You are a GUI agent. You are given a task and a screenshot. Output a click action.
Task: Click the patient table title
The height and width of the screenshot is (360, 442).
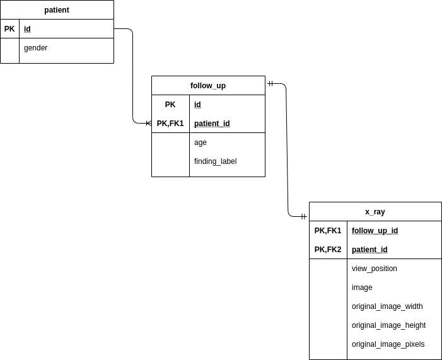(x=57, y=10)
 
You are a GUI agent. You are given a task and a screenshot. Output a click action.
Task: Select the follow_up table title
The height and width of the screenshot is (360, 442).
(x=208, y=86)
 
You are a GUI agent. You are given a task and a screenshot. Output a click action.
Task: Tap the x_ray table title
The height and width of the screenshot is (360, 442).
(x=375, y=212)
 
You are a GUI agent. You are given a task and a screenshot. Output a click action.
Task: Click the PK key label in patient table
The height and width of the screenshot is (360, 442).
(x=9, y=29)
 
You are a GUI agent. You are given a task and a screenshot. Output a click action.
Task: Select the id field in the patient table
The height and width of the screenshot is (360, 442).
(x=27, y=29)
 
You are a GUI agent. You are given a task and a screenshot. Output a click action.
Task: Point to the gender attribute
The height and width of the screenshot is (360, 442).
(x=35, y=48)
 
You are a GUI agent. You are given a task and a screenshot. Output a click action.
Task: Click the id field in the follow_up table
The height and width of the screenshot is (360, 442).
(x=197, y=105)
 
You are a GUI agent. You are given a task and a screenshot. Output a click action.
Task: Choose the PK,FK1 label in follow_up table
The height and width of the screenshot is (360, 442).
(x=170, y=124)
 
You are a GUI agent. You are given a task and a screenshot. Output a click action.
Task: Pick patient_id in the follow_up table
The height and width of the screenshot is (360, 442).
(x=212, y=124)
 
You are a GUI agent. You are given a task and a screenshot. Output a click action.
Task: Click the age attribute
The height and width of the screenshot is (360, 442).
(x=201, y=142)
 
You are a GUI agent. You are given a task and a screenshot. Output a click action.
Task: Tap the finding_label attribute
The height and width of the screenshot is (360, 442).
(x=215, y=161)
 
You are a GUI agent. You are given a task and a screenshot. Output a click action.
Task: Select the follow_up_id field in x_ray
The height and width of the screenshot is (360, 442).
(x=375, y=231)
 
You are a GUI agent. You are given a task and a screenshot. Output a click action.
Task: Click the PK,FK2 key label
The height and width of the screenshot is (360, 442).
(x=328, y=250)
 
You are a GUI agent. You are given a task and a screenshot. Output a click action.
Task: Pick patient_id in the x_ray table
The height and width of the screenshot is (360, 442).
(x=369, y=250)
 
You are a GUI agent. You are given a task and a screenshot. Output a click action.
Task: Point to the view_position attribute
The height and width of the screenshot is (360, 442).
(x=375, y=269)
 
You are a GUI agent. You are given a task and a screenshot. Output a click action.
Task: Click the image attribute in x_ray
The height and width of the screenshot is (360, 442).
(x=362, y=287)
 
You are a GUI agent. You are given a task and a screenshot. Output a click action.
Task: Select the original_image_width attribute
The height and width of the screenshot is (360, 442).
(x=387, y=306)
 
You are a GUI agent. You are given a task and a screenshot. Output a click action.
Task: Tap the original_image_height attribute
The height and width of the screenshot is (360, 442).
(x=388, y=325)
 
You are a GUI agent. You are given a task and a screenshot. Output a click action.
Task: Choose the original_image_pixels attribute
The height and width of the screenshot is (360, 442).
(x=388, y=344)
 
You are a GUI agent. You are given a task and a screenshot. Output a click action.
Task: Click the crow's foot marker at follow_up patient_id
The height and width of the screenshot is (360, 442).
(x=148, y=124)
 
